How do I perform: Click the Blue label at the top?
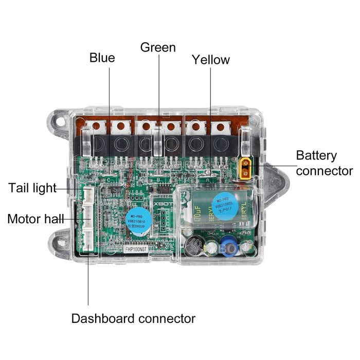pos(102,58)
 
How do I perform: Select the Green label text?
pos(158,48)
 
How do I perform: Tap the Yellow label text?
pos(211,60)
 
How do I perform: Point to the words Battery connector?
pos(324,163)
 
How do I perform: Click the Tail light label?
pos(32,188)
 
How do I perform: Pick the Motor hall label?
pos(35,219)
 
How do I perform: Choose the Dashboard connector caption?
pos(133,318)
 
